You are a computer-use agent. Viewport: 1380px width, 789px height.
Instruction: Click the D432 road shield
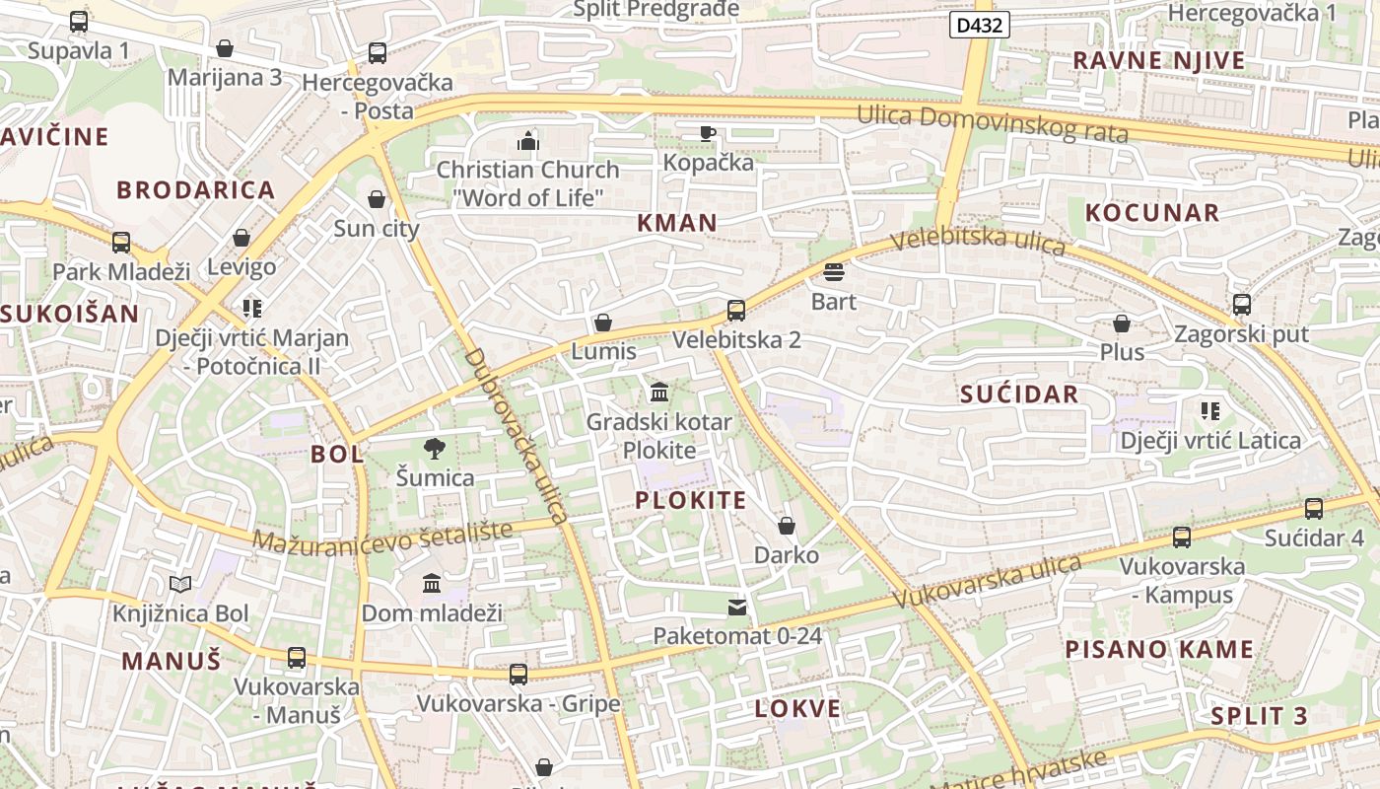980,26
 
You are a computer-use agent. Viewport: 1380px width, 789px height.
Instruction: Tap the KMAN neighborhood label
677,223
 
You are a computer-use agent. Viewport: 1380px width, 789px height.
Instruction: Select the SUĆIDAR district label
1019,394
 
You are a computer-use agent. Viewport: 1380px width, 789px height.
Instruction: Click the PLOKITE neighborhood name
691,500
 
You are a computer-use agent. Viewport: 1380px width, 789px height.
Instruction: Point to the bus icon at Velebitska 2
736,311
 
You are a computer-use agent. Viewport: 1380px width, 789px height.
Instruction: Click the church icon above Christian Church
528,141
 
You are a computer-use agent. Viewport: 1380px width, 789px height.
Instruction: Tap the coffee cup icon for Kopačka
707,133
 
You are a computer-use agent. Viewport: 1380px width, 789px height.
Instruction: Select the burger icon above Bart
834,272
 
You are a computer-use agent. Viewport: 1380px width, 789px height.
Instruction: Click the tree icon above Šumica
434,450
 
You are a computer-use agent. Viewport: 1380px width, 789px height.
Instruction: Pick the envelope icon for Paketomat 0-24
737,608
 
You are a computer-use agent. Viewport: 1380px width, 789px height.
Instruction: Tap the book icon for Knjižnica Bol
179,585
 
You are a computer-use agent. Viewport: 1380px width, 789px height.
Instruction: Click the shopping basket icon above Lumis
603,323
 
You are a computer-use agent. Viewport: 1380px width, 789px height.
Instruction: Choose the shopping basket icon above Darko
787,526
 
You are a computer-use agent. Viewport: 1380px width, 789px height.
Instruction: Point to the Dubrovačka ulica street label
516,435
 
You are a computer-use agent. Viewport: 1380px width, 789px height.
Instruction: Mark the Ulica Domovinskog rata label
992,122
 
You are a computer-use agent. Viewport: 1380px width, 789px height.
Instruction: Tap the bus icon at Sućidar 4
1314,509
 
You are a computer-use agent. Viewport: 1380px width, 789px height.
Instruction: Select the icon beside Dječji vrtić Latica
1210,410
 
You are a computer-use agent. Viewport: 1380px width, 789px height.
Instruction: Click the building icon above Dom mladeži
432,584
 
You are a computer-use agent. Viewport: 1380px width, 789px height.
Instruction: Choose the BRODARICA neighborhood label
196,190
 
